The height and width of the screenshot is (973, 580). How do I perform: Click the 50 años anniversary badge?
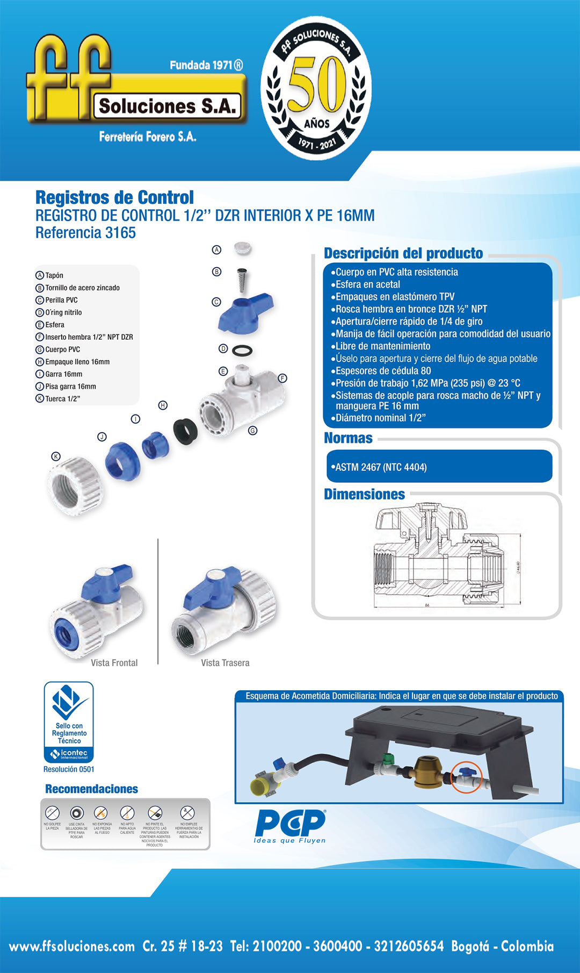(316, 89)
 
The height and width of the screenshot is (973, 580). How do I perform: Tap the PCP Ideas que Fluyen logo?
(290, 826)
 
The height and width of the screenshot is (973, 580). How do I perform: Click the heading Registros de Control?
(114, 197)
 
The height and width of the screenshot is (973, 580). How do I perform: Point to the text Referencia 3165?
(85, 233)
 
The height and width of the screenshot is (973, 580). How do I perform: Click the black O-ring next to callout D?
(242, 351)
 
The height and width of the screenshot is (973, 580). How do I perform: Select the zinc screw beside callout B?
(242, 280)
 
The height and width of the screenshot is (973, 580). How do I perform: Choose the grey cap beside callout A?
(243, 248)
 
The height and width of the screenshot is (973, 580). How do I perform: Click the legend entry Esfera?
(54, 325)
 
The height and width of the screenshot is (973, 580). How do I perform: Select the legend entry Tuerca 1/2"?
(62, 399)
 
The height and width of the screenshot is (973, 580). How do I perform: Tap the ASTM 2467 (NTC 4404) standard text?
(381, 467)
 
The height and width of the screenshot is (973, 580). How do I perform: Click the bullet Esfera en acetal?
(368, 284)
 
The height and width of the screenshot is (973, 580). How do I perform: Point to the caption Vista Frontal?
(114, 663)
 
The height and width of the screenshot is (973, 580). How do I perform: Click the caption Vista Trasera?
(225, 663)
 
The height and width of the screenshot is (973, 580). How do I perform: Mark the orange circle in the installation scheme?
(466, 777)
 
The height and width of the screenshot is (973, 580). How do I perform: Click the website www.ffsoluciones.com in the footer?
(72, 947)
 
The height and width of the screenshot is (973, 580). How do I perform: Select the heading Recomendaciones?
(91, 789)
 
